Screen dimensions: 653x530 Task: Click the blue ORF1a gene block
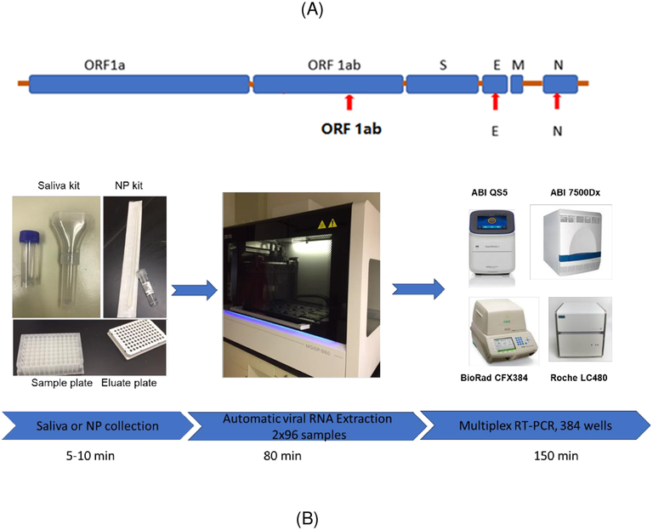point(139,84)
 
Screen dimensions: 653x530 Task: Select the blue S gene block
point(442,84)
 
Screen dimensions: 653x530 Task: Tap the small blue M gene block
point(517,84)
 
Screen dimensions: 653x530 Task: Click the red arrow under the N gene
point(557,102)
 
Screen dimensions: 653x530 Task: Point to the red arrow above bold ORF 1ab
point(349,102)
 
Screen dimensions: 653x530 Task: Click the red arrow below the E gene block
point(495,102)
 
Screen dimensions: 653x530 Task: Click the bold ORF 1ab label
point(351,128)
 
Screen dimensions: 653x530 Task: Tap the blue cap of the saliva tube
point(29,237)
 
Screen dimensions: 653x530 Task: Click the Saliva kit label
point(59,185)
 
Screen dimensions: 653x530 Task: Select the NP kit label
point(128,185)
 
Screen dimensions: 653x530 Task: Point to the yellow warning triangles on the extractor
point(326,225)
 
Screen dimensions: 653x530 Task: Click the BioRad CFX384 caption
point(494,378)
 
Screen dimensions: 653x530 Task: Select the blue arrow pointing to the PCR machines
point(418,288)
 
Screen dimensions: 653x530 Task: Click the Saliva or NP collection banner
point(98,425)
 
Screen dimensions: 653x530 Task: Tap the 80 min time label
point(282,456)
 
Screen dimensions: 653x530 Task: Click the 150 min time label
point(556,456)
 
